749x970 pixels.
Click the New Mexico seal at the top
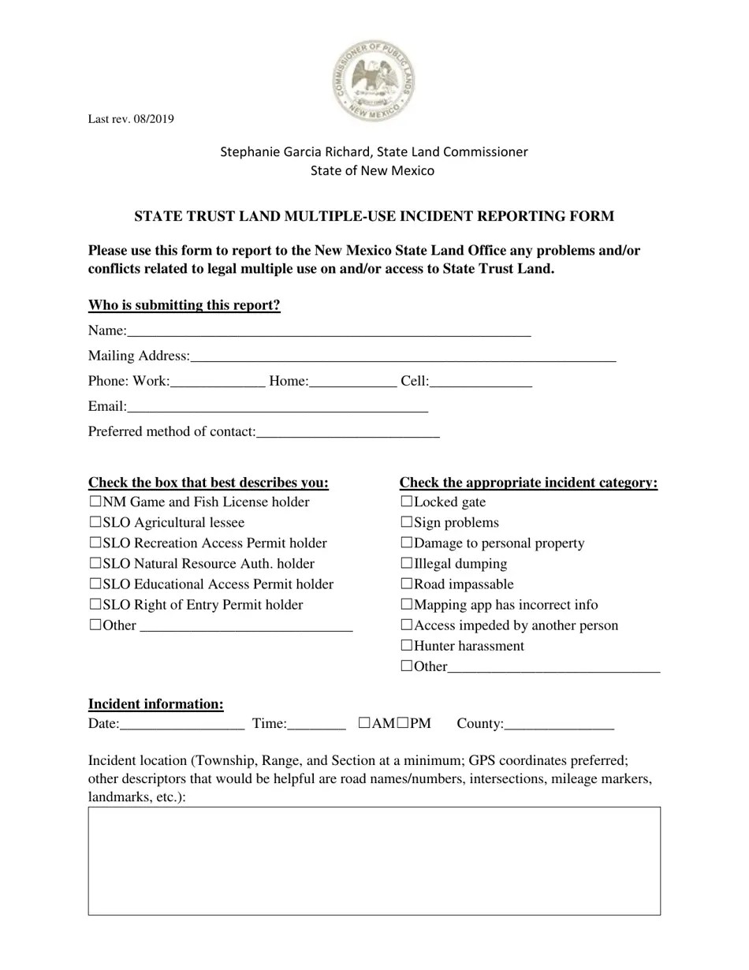click(374, 80)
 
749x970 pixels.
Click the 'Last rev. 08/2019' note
click(131, 120)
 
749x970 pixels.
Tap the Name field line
click(328, 332)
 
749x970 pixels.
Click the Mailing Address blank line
click(403, 357)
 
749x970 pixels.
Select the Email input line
click(277, 408)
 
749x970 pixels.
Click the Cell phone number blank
click(481, 382)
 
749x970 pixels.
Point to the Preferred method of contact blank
click(348, 432)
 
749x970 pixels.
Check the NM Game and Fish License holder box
click(95, 502)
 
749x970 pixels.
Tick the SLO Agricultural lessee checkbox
click(95, 522)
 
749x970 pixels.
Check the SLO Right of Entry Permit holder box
click(95, 604)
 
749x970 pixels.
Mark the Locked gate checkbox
click(407, 502)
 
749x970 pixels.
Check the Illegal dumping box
click(407, 563)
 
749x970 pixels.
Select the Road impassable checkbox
click(407, 584)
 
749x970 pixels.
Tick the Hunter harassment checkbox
click(407, 645)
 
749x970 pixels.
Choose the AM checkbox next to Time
click(364, 722)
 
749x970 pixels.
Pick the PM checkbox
click(402, 722)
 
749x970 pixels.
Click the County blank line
click(558, 725)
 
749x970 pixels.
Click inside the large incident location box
click(374, 860)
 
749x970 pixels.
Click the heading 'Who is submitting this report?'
click(184, 305)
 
